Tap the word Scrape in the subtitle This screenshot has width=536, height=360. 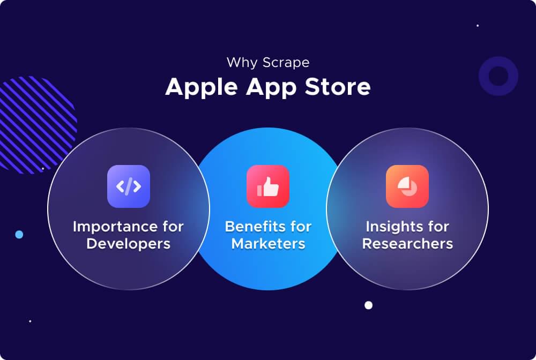(x=286, y=63)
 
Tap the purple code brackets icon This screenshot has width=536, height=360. (x=129, y=186)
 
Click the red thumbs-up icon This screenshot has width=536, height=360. (x=268, y=186)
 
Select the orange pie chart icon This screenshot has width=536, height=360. (x=407, y=186)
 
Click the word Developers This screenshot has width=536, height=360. (x=129, y=244)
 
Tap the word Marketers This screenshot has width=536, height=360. (x=268, y=244)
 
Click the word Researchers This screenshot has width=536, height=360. (x=407, y=244)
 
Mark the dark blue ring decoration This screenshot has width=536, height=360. (x=498, y=77)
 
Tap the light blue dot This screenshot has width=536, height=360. (x=19, y=235)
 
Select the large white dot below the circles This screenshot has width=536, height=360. (x=368, y=305)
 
